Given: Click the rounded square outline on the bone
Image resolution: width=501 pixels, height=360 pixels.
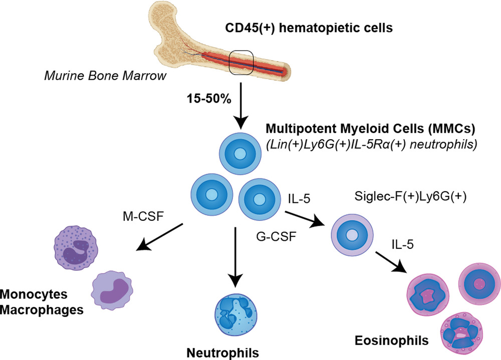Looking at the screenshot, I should point(242,63).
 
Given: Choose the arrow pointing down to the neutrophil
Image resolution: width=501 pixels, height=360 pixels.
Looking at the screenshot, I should point(234,255).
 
